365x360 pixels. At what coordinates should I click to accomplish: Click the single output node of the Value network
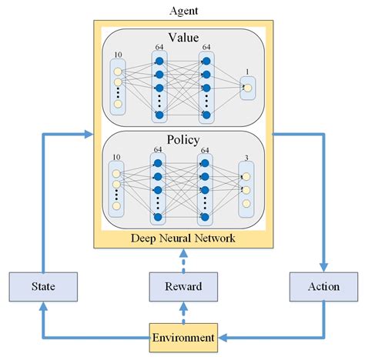point(246,88)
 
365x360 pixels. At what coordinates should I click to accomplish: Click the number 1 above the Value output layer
point(246,72)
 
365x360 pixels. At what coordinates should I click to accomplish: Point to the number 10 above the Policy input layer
point(116,158)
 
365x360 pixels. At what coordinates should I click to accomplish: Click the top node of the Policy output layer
point(246,175)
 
